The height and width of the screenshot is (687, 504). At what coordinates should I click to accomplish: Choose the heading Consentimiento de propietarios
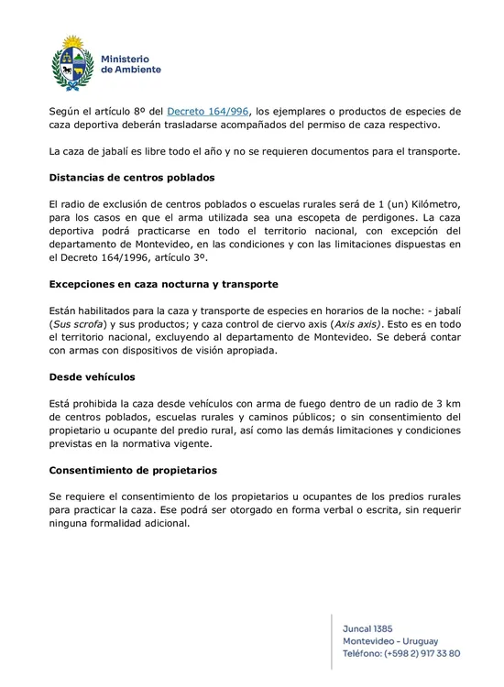tap(133, 470)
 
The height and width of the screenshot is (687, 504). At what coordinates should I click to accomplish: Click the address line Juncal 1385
tap(367, 629)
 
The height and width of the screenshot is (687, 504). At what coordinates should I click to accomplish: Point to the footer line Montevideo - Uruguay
tap(389, 641)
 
